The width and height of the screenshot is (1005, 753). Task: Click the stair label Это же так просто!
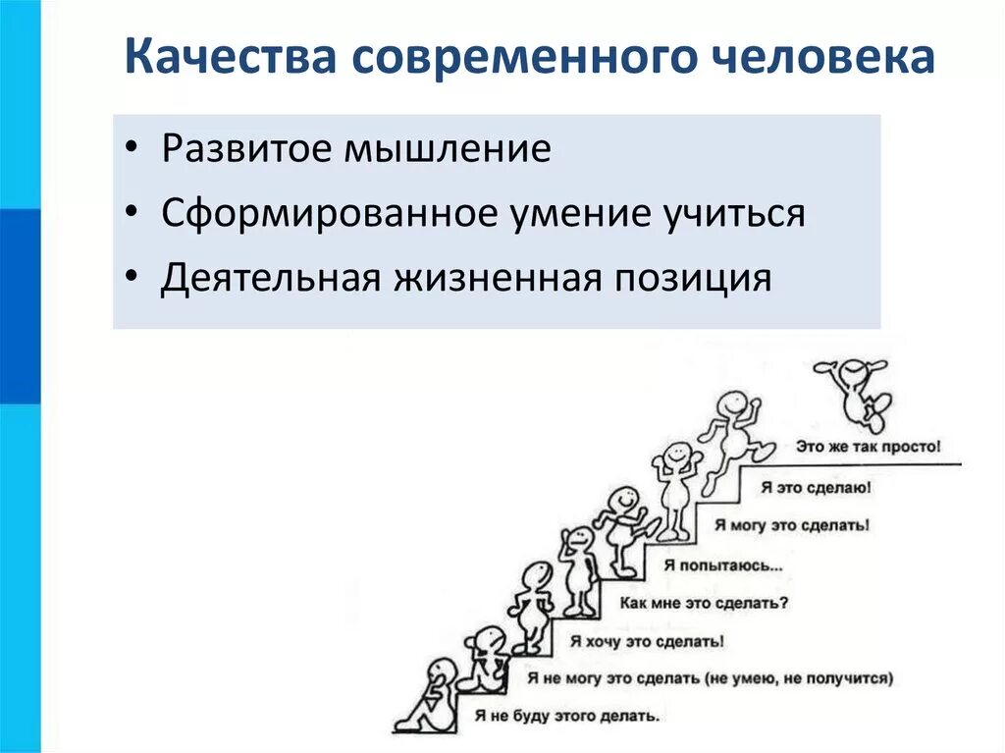tap(868, 445)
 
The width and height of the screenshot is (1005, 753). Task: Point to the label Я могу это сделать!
tap(791, 525)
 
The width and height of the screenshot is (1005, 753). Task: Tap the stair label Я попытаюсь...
tap(723, 565)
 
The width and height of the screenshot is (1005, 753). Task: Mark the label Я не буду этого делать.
tap(567, 716)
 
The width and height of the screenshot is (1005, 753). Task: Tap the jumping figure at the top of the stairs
tap(856, 388)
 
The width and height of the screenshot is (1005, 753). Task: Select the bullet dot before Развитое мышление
tap(132, 151)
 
